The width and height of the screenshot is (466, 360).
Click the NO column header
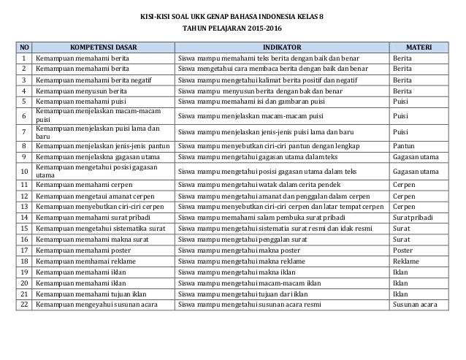click(24, 48)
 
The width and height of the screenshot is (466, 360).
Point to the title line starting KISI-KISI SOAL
click(233, 16)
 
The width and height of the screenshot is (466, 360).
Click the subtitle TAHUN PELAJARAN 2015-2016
click(233, 31)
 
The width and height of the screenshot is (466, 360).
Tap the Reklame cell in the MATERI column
click(406, 259)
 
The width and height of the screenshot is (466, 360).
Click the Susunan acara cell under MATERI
click(415, 302)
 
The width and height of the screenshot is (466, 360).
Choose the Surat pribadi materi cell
click(415, 217)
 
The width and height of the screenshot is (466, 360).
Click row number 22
click(24, 302)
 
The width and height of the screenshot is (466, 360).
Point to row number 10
click(24, 171)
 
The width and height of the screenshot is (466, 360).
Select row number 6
click(24, 115)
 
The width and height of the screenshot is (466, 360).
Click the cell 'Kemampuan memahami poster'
click(80, 248)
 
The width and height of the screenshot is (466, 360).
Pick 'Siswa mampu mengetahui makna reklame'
click(238, 259)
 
